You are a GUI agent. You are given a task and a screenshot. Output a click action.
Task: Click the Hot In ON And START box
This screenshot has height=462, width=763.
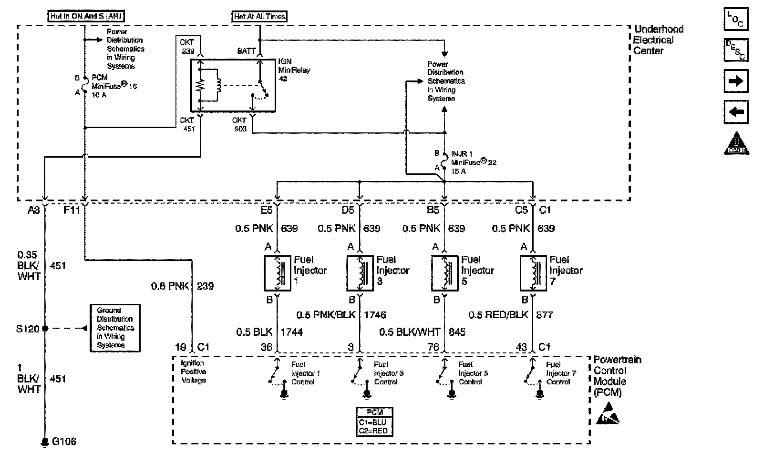(86, 16)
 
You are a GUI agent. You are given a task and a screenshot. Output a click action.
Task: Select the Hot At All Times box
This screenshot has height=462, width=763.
(260, 17)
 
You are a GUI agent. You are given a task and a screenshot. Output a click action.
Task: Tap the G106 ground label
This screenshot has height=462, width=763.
(64, 442)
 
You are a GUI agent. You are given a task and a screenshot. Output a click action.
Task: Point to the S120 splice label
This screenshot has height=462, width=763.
(28, 329)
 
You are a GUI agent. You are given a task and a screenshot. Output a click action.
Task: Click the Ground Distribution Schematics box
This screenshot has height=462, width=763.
(115, 328)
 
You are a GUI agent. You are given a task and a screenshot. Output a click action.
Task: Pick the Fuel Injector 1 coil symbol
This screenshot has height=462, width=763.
(278, 273)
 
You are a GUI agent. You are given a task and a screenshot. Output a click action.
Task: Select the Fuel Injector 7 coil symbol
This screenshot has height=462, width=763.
(533, 273)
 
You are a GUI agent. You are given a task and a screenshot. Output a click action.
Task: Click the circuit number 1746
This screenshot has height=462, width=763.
(375, 315)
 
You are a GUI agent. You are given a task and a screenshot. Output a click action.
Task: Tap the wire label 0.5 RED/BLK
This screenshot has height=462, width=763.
(492, 315)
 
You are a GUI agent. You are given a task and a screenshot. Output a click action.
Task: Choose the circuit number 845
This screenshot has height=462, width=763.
(457, 332)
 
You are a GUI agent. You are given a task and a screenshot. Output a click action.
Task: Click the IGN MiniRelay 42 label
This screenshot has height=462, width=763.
(294, 70)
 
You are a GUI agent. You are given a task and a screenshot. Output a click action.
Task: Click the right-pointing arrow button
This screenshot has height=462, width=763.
(736, 81)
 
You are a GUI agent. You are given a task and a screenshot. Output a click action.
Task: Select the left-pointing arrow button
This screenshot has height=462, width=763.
(736, 112)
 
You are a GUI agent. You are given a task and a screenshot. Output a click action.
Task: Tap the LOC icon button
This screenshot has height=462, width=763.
(736, 19)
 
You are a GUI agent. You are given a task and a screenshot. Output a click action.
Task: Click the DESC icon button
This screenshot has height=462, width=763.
(736, 50)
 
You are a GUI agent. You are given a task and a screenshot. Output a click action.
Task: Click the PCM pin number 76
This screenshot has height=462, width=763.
(433, 347)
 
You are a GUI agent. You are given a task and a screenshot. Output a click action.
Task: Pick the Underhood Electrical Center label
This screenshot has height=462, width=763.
(658, 40)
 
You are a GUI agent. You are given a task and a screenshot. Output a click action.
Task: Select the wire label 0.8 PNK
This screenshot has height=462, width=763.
(170, 286)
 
